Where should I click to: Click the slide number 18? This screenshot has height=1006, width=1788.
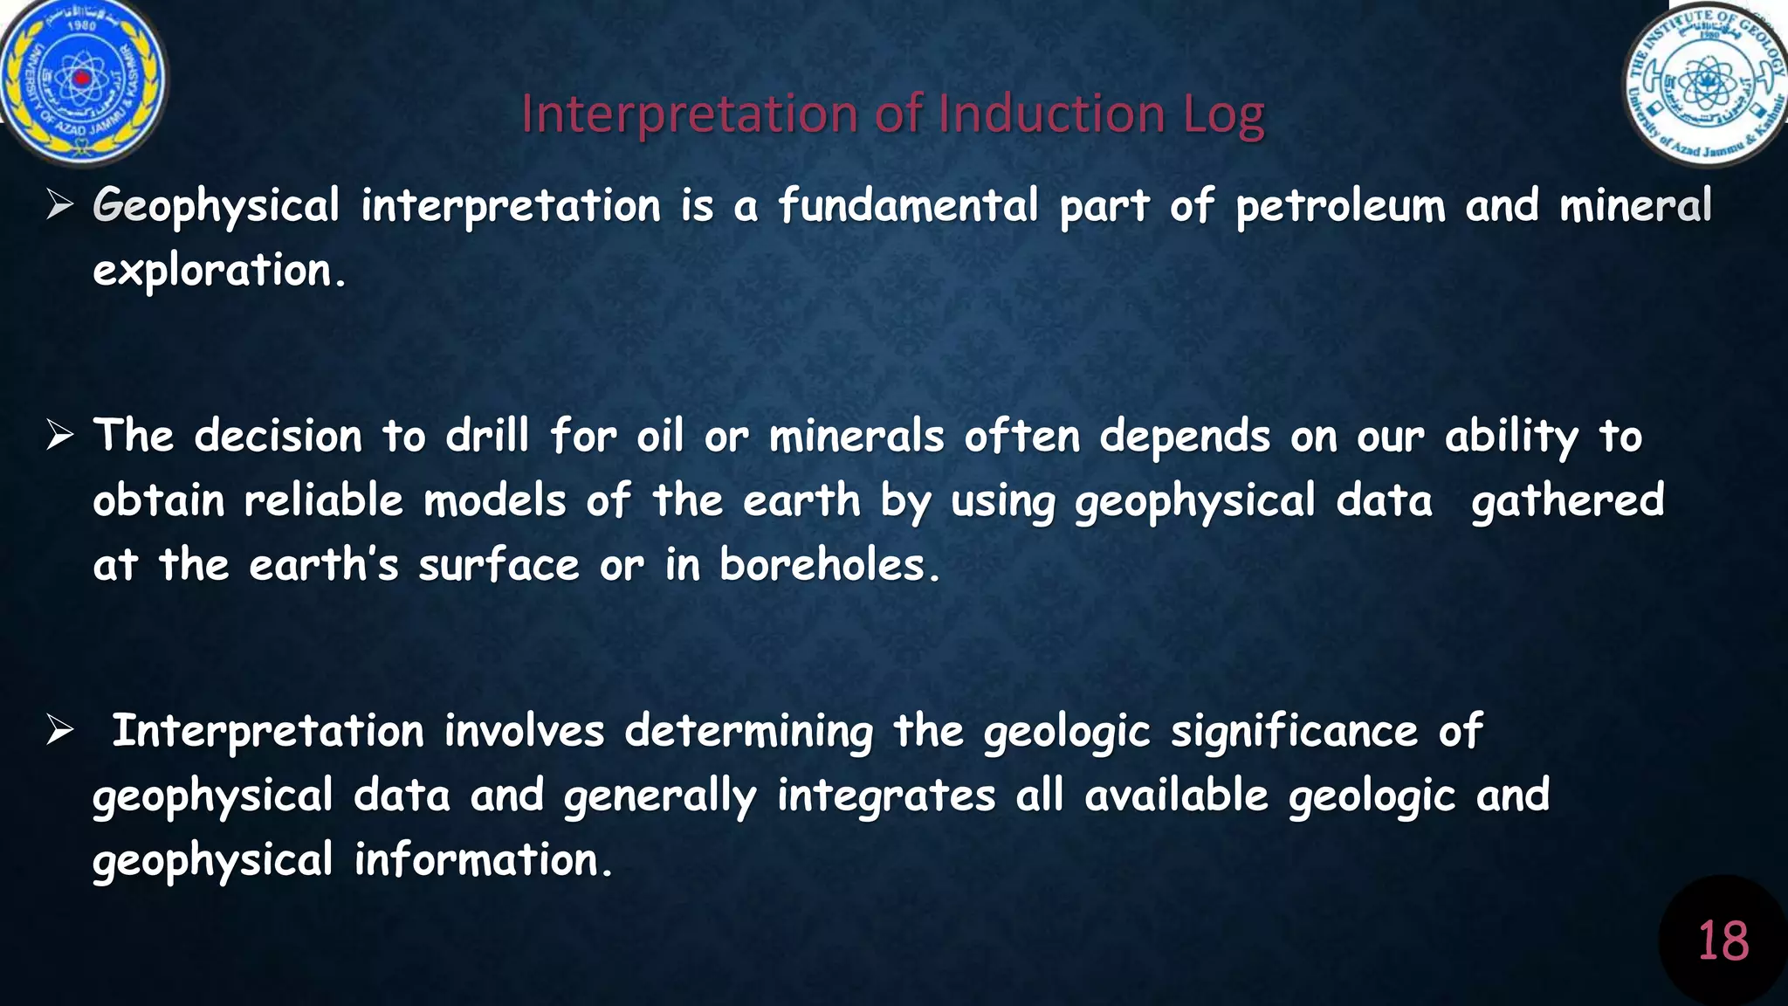click(1723, 941)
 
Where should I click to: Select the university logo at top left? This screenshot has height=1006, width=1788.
click(83, 80)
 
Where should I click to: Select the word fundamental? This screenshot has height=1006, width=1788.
click(908, 206)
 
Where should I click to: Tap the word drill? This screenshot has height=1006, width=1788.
click(487, 435)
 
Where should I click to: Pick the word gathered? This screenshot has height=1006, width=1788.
click(1567, 501)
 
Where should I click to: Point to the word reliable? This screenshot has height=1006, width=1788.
click(323, 500)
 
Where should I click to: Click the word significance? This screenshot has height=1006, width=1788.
click(1294, 731)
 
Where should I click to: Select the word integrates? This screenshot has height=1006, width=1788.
click(886, 796)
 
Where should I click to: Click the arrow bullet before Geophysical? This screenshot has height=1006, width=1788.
click(60, 206)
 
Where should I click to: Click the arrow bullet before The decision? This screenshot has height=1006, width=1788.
click(60, 435)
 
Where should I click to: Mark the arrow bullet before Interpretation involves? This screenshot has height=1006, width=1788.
click(60, 730)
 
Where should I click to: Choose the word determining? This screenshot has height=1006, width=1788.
click(748, 732)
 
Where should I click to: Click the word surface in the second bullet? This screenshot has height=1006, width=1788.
click(499, 565)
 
